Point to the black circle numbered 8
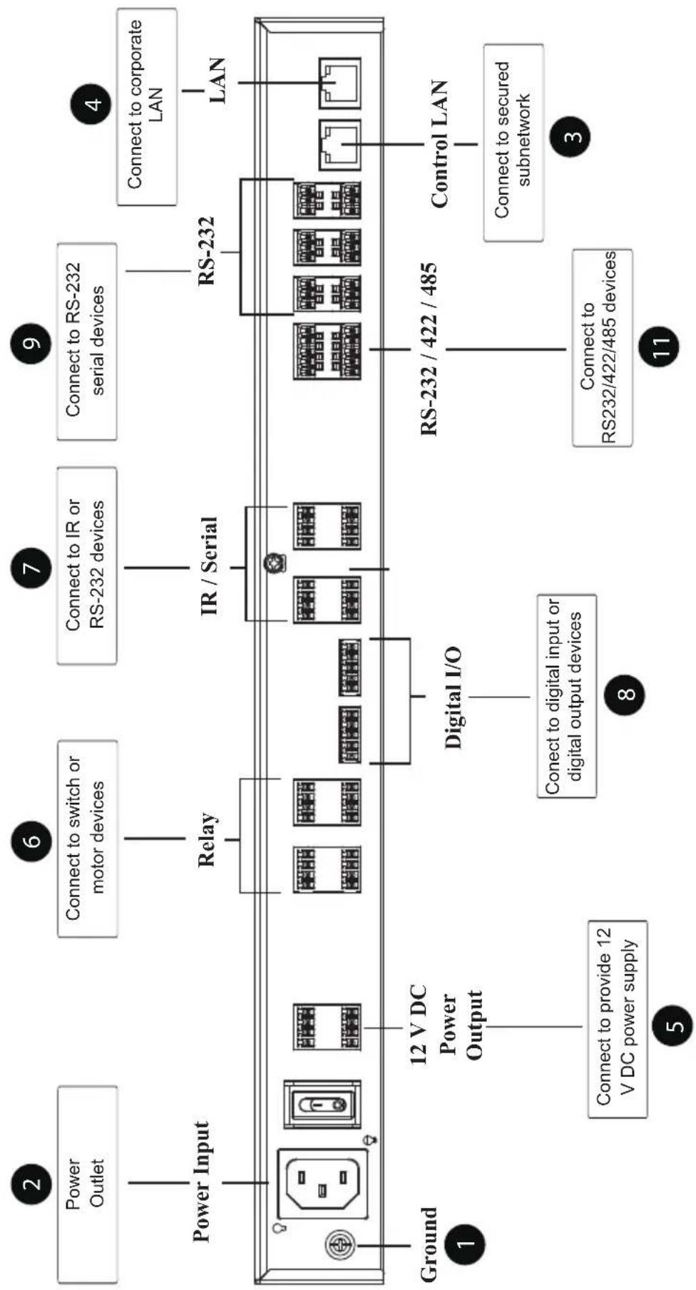click(625, 694)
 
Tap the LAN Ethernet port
click(339, 83)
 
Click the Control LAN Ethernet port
click(339, 145)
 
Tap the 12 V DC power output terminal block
click(327, 1027)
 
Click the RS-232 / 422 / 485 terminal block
click(327, 351)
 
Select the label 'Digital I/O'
click(453, 697)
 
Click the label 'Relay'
click(207, 839)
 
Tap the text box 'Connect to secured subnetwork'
click(513, 143)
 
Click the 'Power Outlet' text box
click(87, 1184)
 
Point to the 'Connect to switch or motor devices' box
click(87, 838)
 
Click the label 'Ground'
click(427, 1244)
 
